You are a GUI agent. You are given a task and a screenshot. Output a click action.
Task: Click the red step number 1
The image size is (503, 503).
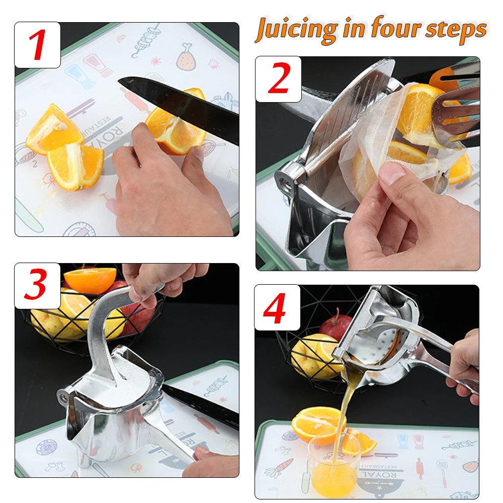coord(37,45)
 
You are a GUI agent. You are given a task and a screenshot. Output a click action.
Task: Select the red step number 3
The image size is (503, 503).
coord(36,286)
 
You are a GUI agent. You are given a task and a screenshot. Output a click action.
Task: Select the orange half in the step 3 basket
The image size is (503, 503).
coord(91,279)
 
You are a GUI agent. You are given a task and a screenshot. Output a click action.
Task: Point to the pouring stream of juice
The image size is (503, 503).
coord(338,402)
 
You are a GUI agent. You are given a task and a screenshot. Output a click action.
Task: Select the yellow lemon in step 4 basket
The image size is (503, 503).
coord(309,355)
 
